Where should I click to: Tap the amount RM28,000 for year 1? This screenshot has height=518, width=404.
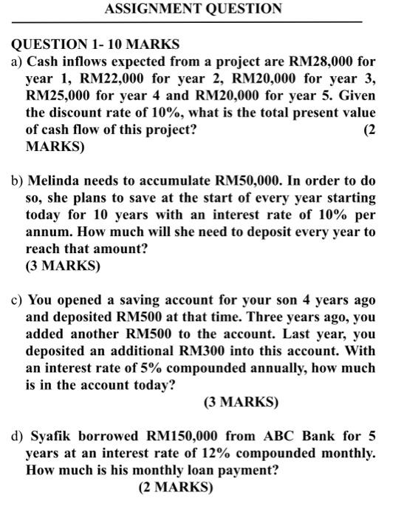[304, 61]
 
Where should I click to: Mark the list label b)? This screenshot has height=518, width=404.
[16, 181]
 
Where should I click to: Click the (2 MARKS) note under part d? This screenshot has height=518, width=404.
[175, 488]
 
